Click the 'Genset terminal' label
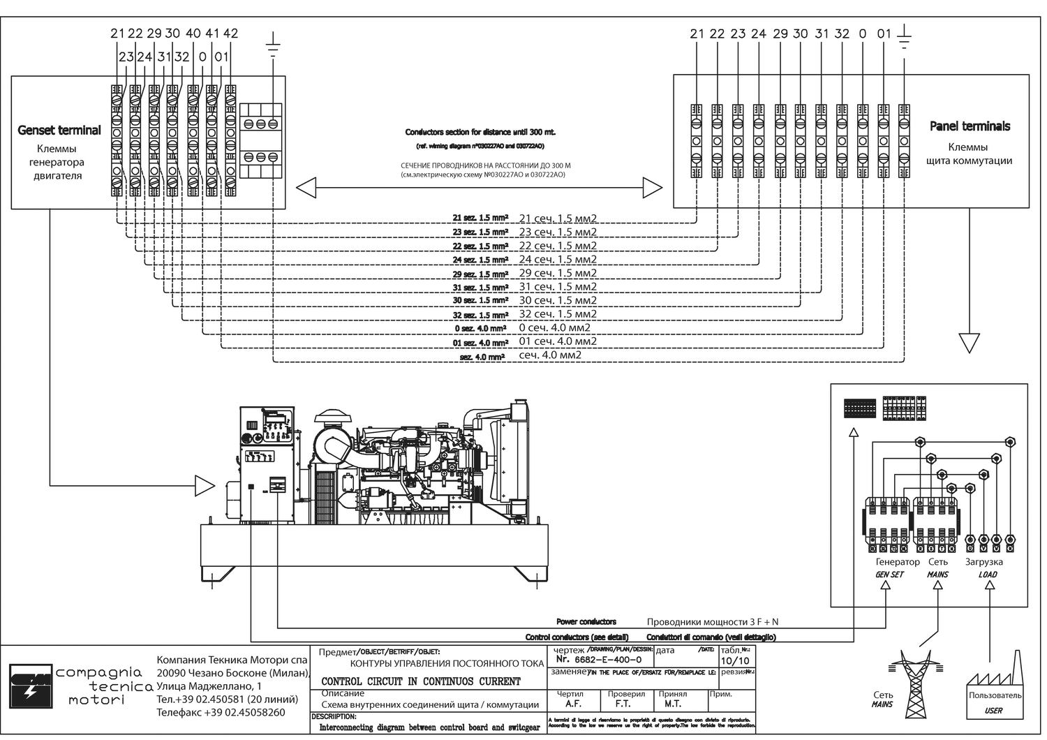point(59,131)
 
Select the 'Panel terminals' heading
point(970,126)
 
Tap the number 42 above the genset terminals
point(230,33)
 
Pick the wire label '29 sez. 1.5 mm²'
point(480,274)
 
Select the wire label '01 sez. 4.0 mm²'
point(480,343)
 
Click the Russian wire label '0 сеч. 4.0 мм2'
point(554,328)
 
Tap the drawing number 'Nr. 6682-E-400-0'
point(598,660)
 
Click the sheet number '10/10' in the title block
point(734,660)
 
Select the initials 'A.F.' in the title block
point(574,704)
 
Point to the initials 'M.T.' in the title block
point(672,704)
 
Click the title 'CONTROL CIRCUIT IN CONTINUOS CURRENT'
point(421,681)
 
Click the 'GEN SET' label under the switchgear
point(889,575)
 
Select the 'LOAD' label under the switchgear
point(988,575)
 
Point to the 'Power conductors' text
point(586,621)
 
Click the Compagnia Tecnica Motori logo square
point(30,685)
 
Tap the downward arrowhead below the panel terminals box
point(969,343)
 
